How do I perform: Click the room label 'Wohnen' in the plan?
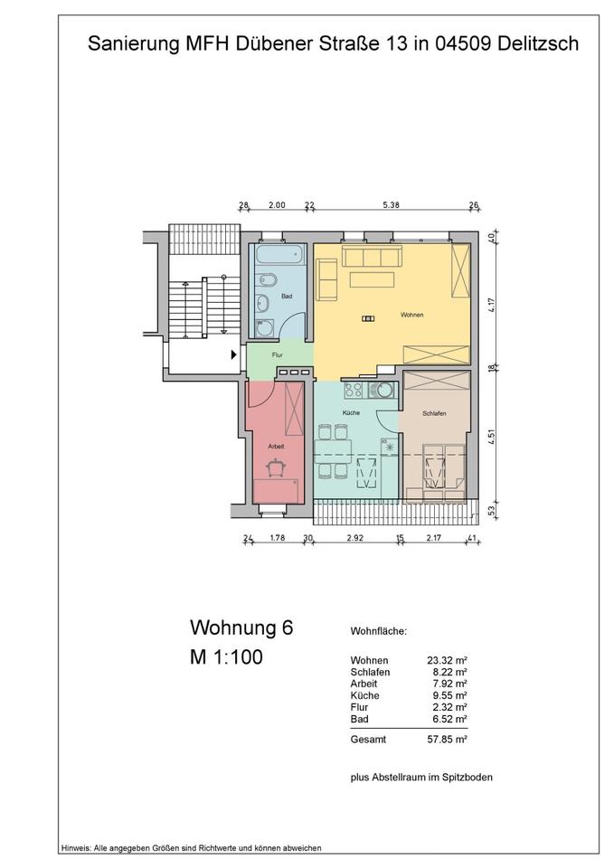(x=411, y=315)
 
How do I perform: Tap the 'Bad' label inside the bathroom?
(x=287, y=297)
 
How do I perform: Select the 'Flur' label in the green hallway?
(x=278, y=355)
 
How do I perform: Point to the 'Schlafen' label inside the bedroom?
(x=435, y=414)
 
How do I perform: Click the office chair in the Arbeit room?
(x=277, y=466)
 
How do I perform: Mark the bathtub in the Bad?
(x=280, y=259)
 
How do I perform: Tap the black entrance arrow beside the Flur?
(x=233, y=354)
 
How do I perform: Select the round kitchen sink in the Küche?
(x=384, y=391)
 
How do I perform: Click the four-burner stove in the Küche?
(x=354, y=391)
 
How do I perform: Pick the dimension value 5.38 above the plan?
(x=391, y=205)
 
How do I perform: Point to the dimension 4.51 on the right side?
(x=491, y=436)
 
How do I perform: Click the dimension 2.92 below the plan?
(x=355, y=539)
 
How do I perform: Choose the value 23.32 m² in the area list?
(x=446, y=661)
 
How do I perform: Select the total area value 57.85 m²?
(x=446, y=739)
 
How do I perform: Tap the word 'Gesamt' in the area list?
(x=367, y=739)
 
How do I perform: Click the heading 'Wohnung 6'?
(x=241, y=627)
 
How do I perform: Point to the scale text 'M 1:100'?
(x=226, y=657)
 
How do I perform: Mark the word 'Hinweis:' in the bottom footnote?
(x=77, y=848)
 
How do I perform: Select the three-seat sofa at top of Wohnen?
(x=371, y=258)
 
